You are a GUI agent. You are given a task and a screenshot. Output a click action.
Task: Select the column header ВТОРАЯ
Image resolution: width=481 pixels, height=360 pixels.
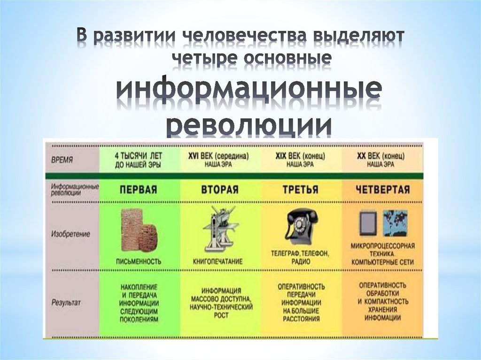(220, 190)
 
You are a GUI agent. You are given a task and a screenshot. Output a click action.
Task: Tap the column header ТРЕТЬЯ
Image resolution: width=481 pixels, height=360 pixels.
(301, 190)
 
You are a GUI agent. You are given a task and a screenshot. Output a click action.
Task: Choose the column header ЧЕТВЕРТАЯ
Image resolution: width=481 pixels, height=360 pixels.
(383, 190)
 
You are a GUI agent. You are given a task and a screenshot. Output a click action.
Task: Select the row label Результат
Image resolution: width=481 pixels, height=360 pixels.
(66, 303)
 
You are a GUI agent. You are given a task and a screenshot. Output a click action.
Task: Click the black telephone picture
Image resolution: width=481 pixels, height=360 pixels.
(301, 225)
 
